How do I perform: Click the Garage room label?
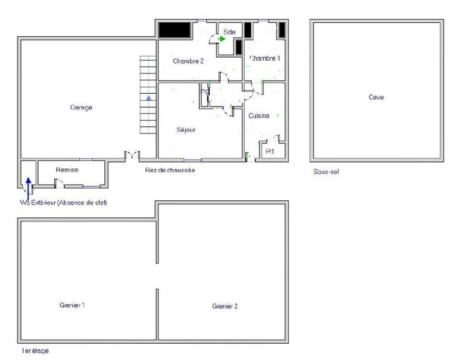pyautogui.click(x=81, y=107)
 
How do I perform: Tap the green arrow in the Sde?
pyautogui.click(x=222, y=39)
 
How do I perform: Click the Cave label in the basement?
pyautogui.click(x=376, y=97)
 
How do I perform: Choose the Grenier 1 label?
pyautogui.click(x=73, y=305)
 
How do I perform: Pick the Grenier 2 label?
pyautogui.click(x=225, y=305)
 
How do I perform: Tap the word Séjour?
pyautogui.click(x=186, y=130)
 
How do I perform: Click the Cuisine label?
pyautogui.click(x=259, y=116)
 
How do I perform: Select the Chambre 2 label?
pyautogui.click(x=188, y=61)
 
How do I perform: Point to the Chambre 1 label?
pyautogui.click(x=265, y=58)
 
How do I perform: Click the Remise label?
pyautogui.click(x=67, y=170)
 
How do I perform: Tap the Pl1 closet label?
pyautogui.click(x=269, y=151)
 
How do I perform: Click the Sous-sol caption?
pyautogui.click(x=326, y=172)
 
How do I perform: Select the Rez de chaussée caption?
pyautogui.click(x=170, y=170)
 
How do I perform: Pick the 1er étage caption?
pyautogui.click(x=35, y=351)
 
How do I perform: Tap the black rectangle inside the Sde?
pyautogui.click(x=238, y=48)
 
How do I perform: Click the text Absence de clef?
pyautogui.click(x=82, y=202)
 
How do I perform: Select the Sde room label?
pyautogui.click(x=229, y=32)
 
